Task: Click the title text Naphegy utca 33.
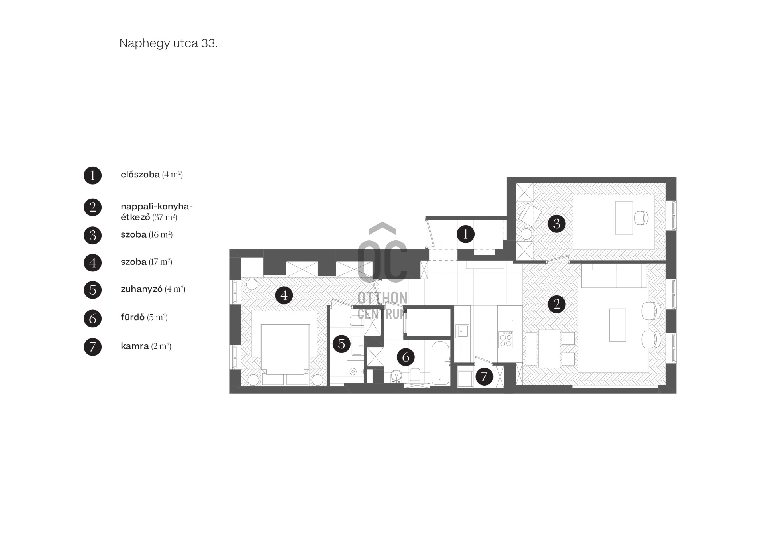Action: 169,43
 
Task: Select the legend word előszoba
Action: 140,175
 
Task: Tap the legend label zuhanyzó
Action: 141,289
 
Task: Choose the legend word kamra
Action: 135,346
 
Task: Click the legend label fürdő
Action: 133,317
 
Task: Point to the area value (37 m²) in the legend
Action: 165,218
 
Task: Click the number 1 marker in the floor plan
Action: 465,234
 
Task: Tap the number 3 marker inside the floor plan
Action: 557,224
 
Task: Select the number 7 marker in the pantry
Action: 484,376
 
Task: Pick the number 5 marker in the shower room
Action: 341,344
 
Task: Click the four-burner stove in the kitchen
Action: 506,340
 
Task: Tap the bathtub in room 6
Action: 440,363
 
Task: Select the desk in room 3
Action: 624,218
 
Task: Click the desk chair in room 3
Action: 641,218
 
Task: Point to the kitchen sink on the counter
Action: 463,331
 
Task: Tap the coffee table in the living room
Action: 618,325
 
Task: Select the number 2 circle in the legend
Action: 93,207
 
